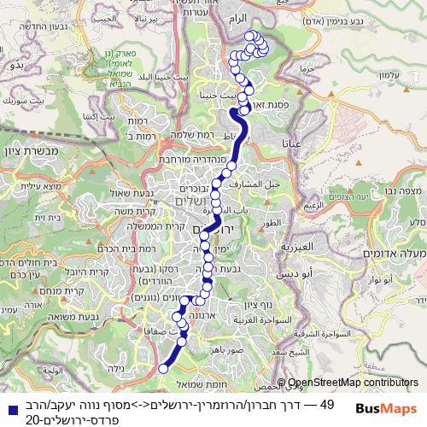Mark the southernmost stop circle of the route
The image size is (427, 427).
[x=163, y=369]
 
